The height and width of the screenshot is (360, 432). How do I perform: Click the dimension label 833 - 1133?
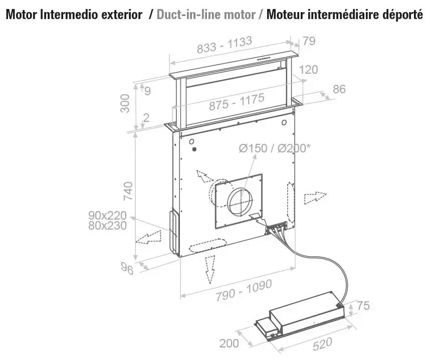click(x=225, y=45)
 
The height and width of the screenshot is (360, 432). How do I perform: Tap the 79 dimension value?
click(x=309, y=41)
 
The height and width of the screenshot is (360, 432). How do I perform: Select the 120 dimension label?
click(x=309, y=70)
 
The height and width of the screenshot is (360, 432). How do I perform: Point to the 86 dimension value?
click(x=339, y=89)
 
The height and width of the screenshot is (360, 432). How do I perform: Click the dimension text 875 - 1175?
click(x=237, y=102)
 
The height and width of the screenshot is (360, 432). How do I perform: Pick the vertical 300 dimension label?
click(x=125, y=103)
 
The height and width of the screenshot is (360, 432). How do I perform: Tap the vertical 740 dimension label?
click(x=128, y=191)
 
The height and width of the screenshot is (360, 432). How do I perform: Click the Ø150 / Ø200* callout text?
click(x=275, y=148)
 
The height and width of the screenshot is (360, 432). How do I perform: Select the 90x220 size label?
click(x=107, y=215)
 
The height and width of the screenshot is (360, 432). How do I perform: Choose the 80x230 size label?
click(x=107, y=226)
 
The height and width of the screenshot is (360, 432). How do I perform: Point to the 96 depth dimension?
click(x=127, y=268)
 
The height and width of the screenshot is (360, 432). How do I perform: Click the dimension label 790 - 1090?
click(x=244, y=290)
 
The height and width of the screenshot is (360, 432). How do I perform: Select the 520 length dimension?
click(x=323, y=344)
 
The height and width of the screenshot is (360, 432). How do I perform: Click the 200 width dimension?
click(x=229, y=343)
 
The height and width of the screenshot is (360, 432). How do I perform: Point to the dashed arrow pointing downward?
click(x=210, y=270)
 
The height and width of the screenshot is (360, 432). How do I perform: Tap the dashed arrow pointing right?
click(x=315, y=198)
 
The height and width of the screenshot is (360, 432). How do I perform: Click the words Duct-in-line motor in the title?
click(x=206, y=15)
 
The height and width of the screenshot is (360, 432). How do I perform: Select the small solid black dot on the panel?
click(x=194, y=149)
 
